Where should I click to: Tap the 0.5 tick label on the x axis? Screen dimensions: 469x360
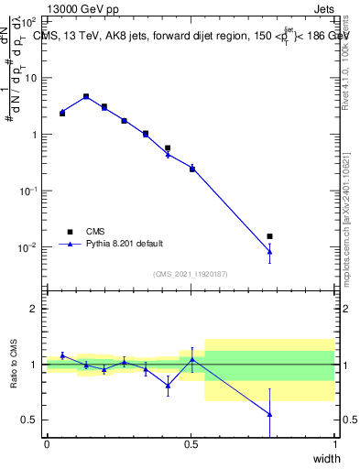pyautogui.click(x=191, y=444)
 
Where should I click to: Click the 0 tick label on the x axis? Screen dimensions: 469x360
pyautogui.click(x=47, y=444)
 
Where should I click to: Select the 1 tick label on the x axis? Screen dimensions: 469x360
pyautogui.click(x=334, y=444)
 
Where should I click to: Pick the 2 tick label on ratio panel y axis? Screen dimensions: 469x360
pyautogui.click(x=35, y=309)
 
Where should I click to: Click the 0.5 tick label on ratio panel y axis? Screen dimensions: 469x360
pyautogui.click(x=31, y=420)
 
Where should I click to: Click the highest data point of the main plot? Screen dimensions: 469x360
pyautogui.click(x=86, y=96)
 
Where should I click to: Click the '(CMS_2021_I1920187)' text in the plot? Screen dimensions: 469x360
pyautogui.click(x=190, y=274)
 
